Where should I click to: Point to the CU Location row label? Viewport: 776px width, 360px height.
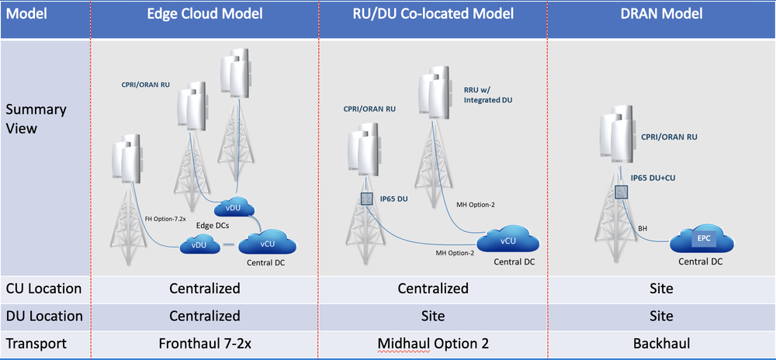coord(43,289)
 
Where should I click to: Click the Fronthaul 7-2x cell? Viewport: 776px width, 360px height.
coord(204,342)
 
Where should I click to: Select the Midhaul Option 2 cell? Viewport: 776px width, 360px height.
coord(433,342)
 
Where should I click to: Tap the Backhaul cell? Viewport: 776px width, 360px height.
coord(661,342)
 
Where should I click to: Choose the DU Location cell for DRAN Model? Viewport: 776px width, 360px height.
coord(661,316)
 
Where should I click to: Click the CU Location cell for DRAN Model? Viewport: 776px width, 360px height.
coord(661,289)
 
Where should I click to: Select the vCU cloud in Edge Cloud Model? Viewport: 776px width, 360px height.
coord(268,243)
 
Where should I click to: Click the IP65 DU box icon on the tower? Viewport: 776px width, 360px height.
coord(366,199)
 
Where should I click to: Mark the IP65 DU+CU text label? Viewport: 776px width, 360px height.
coord(659,177)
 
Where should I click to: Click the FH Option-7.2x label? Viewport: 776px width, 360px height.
coord(168,219)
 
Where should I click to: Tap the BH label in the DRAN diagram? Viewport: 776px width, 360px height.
coord(643,229)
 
